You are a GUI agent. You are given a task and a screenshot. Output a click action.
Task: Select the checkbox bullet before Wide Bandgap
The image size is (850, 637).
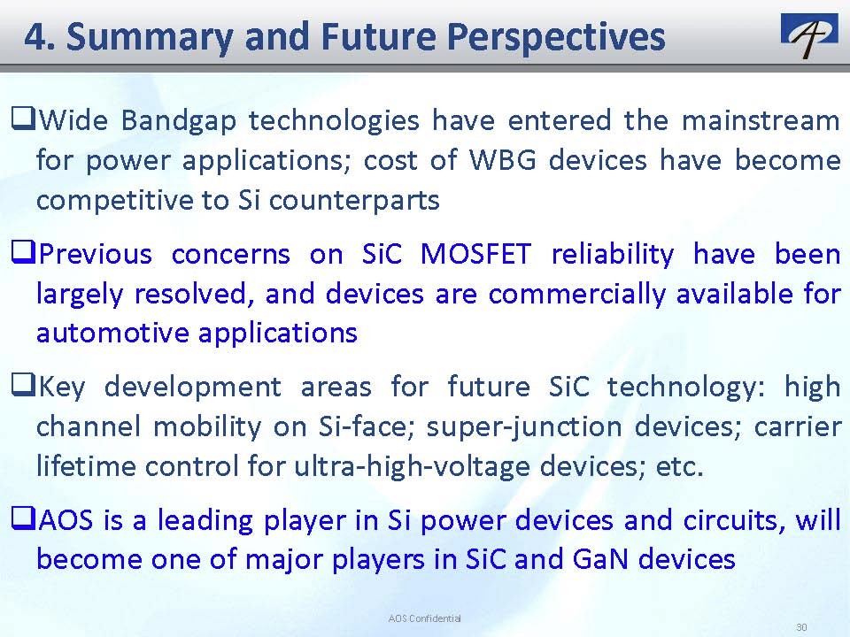click(x=23, y=119)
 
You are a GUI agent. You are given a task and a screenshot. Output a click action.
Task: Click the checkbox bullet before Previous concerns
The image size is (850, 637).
click(x=23, y=252)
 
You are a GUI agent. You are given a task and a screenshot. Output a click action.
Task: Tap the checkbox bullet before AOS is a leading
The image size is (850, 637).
click(x=23, y=518)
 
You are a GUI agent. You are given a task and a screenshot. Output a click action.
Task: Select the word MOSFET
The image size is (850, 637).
click(x=475, y=254)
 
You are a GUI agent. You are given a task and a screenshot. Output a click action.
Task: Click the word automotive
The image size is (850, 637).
click(x=112, y=333)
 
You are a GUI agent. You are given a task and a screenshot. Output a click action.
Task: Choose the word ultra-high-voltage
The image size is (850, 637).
click(x=412, y=466)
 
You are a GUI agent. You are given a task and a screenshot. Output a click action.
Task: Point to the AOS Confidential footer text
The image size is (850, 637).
click(x=424, y=618)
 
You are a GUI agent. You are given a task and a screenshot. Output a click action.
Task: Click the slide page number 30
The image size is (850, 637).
click(x=802, y=626)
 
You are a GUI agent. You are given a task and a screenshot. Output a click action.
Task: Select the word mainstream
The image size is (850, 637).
click(x=761, y=120)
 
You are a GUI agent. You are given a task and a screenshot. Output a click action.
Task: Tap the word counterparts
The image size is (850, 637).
click(x=354, y=201)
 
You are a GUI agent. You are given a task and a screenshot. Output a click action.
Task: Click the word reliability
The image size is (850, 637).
click(x=613, y=255)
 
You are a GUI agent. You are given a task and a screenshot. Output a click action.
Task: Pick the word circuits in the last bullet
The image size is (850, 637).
click(x=734, y=520)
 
